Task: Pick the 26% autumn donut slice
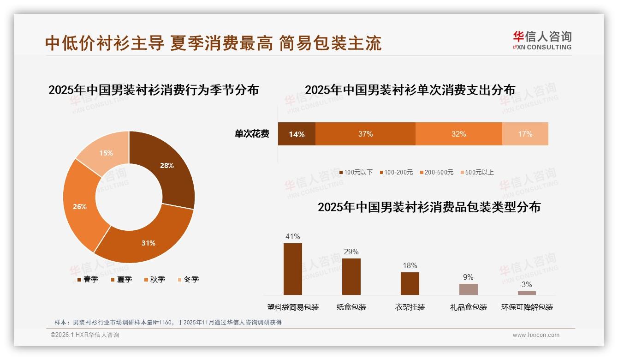click(81, 207)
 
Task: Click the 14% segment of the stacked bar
click(297, 134)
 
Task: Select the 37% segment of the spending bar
click(365, 134)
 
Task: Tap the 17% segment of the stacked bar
click(525, 134)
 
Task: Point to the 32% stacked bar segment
click(458, 134)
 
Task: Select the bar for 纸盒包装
click(351, 276)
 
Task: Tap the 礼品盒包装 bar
click(468, 289)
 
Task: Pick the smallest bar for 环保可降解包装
click(527, 293)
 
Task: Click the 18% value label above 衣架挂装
click(410, 265)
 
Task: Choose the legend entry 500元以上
click(477, 172)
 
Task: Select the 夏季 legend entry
click(122, 279)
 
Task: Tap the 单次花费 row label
click(252, 134)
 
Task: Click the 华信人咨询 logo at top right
click(542, 40)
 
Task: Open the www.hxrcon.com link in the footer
click(535, 335)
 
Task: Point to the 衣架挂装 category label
click(410, 307)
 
